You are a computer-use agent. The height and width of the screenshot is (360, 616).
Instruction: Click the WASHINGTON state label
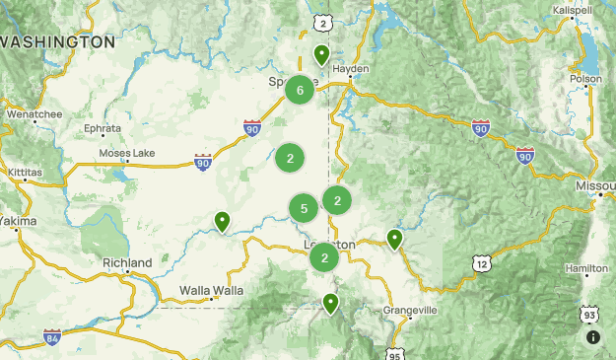point(59,42)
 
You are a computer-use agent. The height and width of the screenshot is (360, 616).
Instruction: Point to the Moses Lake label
point(127,154)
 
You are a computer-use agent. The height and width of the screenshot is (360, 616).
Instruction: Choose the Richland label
point(127,263)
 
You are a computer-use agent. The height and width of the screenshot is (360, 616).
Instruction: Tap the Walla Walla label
point(211,290)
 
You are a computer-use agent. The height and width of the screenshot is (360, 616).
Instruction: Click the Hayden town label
point(350,69)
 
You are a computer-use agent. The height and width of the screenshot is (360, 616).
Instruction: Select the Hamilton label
point(586,268)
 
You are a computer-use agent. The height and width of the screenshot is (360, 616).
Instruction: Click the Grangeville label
point(409,310)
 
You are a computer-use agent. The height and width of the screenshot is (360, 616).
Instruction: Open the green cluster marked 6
point(300,91)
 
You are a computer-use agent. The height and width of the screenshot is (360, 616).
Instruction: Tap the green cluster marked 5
point(304,208)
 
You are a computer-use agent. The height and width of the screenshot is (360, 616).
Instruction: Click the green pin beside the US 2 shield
point(321,54)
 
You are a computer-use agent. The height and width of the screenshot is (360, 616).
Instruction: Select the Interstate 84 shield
point(51,337)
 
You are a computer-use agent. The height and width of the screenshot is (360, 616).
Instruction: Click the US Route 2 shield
point(322,21)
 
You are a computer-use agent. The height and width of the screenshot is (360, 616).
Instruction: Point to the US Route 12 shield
point(481,263)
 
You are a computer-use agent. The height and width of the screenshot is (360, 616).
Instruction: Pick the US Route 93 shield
point(588,314)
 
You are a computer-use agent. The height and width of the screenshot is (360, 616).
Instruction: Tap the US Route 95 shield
point(395,353)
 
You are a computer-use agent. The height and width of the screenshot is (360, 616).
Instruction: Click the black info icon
point(593,337)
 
